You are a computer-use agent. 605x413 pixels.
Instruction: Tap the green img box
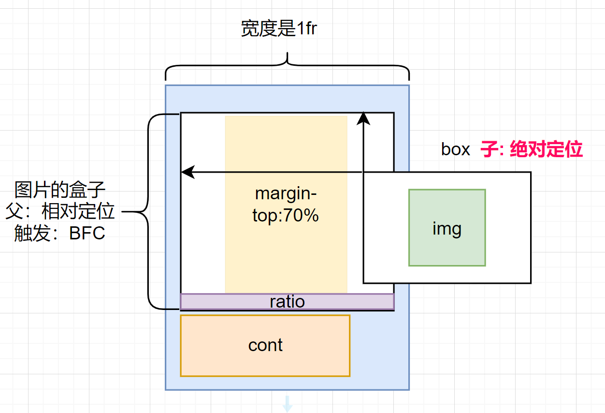click(x=447, y=227)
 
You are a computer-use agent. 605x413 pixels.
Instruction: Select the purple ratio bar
click(x=287, y=302)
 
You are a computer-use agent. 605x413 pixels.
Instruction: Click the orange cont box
click(x=265, y=345)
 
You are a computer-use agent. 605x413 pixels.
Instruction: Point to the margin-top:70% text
click(x=286, y=205)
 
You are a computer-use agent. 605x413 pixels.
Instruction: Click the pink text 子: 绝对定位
click(x=532, y=149)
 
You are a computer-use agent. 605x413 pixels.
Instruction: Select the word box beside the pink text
click(x=455, y=149)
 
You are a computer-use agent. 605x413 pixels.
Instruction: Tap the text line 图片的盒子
click(x=60, y=190)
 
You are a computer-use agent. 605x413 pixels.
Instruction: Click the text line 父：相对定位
click(x=60, y=211)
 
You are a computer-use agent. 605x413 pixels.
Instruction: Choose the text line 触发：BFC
click(x=60, y=233)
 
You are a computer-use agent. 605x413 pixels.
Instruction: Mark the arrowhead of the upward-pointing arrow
click(x=363, y=117)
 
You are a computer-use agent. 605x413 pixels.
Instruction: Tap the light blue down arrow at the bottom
click(x=287, y=404)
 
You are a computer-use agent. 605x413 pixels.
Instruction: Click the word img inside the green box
click(x=447, y=228)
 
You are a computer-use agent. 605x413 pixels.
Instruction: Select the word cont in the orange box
click(x=265, y=345)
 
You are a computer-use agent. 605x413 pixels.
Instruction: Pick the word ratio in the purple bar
click(x=287, y=302)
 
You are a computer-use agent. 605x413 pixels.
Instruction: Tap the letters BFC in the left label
click(x=87, y=234)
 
